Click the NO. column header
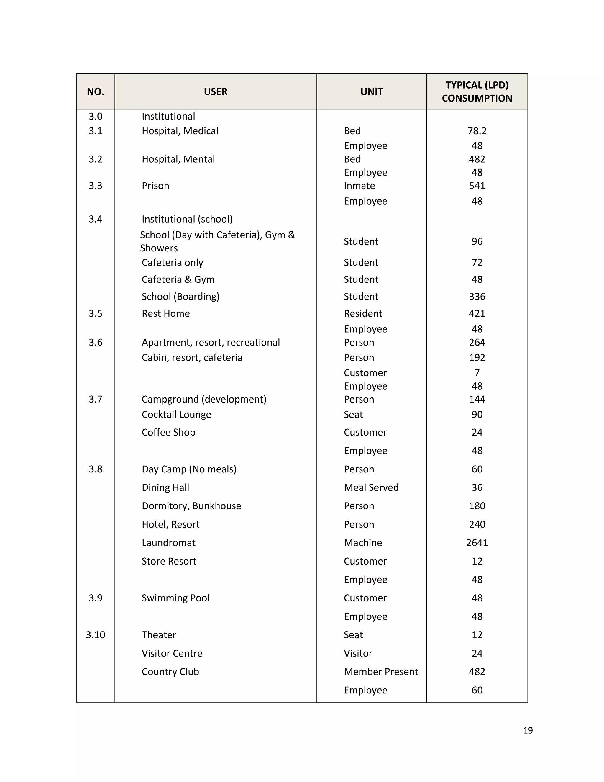coord(95,92)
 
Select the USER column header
coord(215,92)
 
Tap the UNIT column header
coord(371,92)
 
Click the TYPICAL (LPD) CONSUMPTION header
coord(477,92)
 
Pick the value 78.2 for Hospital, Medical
coord(477,131)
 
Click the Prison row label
coord(155,186)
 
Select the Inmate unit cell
coord(359,186)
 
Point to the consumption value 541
coord(477,186)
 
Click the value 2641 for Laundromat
coord(477,543)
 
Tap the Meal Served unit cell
coord(371,488)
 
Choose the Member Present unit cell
coord(381,672)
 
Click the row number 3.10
coord(95,635)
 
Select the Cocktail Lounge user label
coord(176,415)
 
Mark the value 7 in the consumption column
coord(477,373)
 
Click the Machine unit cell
coord(363,543)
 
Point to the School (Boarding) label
coord(180,297)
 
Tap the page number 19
coord(528,730)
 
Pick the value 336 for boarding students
coord(477,297)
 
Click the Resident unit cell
coord(363,314)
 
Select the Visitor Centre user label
coord(172,653)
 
